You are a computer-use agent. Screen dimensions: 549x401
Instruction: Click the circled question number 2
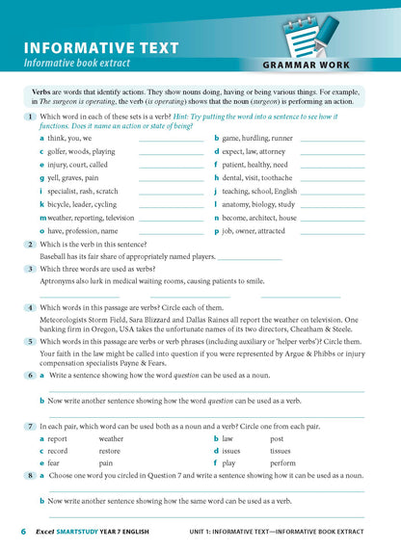[31, 245]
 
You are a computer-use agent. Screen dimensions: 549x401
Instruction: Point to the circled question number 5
[31, 341]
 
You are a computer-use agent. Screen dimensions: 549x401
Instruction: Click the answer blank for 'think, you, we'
[171, 139]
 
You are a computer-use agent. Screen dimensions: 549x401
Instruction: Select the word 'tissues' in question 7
[280, 450]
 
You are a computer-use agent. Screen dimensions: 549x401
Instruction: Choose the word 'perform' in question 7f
[282, 462]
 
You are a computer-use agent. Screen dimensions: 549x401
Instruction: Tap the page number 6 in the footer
[23, 532]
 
